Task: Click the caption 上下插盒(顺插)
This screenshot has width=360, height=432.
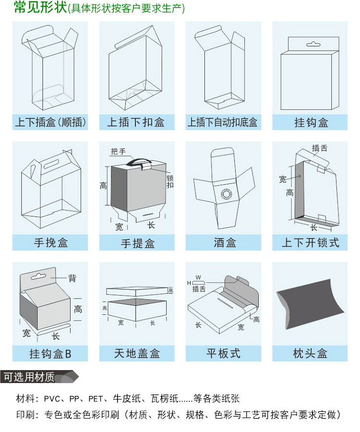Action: [x=50, y=122]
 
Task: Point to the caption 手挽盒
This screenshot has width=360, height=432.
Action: [x=50, y=243]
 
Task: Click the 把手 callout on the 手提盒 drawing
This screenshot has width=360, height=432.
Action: [x=118, y=152]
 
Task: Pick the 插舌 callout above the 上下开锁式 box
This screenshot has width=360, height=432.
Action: [x=320, y=148]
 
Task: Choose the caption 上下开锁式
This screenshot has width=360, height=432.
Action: [x=310, y=243]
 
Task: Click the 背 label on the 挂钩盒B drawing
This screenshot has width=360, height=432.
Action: [x=72, y=278]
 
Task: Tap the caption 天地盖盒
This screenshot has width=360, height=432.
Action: [x=137, y=354]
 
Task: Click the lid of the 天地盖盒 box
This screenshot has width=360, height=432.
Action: [x=136, y=291]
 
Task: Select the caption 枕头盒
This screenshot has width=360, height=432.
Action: [x=310, y=354]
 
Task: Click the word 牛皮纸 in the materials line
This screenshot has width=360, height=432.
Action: [x=126, y=398]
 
